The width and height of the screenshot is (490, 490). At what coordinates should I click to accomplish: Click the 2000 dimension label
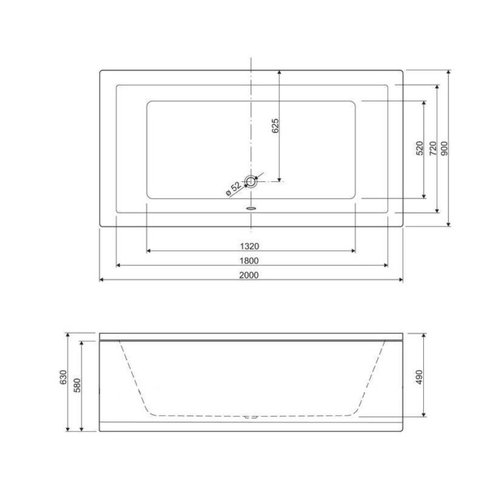[x=249, y=275]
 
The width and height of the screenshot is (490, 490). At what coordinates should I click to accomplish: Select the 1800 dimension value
[x=249, y=261]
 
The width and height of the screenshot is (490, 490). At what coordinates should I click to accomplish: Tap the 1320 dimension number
[x=249, y=246]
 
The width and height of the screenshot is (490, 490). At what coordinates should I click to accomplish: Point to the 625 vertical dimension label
[x=275, y=126]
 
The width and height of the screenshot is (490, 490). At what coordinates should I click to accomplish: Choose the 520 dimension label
[x=420, y=148]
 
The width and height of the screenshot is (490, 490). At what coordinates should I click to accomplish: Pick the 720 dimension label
[x=433, y=148]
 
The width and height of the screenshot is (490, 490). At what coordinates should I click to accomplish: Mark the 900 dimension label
[x=444, y=148]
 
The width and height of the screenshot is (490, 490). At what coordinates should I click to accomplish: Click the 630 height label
[x=63, y=377]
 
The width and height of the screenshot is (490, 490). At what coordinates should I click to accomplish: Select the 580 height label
[x=77, y=386]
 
